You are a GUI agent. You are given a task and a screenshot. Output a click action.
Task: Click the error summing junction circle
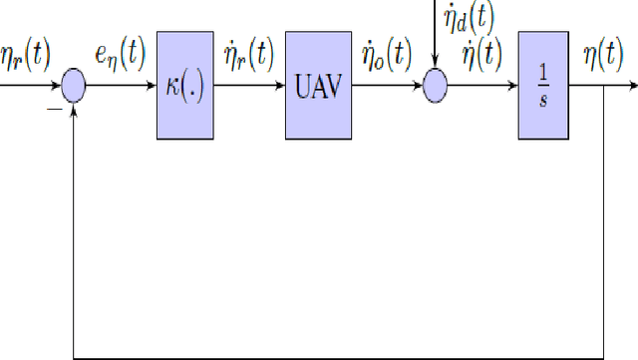[x=75, y=87]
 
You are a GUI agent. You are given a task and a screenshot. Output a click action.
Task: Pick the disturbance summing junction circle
[x=436, y=87]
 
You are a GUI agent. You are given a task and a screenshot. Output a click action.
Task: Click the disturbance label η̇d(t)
[x=469, y=14]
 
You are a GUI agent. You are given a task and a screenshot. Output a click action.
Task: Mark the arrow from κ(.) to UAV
[x=248, y=87]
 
